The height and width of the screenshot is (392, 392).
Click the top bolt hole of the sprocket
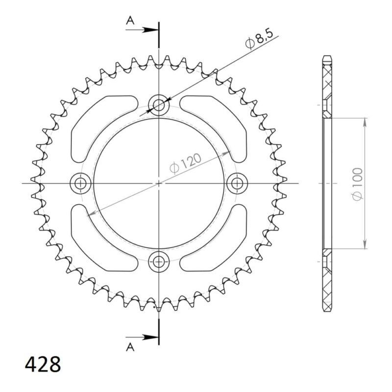[159, 104]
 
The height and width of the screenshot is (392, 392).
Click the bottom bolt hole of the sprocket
[159, 262]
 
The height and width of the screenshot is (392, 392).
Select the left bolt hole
[80, 183]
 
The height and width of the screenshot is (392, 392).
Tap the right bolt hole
[238, 183]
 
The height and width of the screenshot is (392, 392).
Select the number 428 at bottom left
[43, 365]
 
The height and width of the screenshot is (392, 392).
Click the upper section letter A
[130, 20]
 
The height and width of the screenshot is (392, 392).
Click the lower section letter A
[130, 347]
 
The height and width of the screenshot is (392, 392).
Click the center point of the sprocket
[159, 183]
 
